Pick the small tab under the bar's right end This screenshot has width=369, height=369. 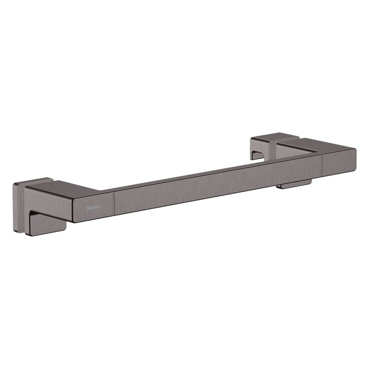[x=295, y=184]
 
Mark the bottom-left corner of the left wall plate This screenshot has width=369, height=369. [x=15, y=230]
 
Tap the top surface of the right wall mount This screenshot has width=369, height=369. [x=269, y=137]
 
